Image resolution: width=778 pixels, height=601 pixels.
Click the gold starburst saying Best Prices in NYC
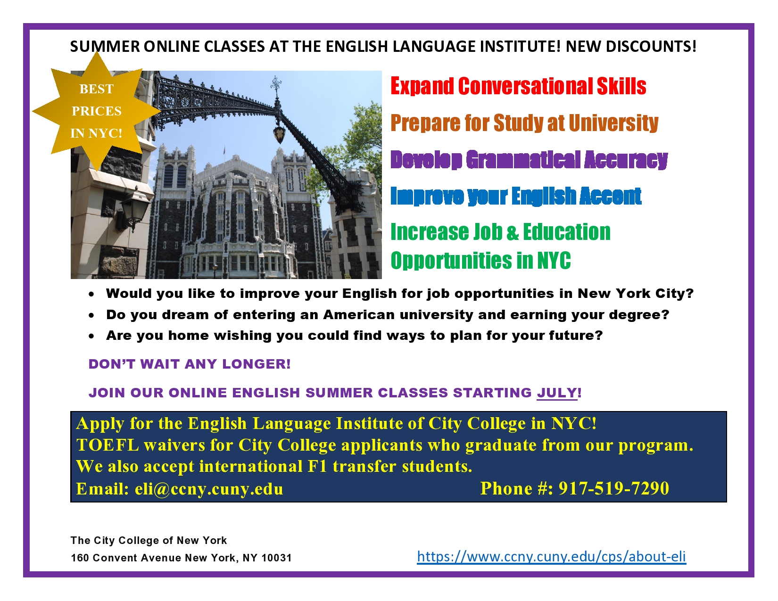point(96,111)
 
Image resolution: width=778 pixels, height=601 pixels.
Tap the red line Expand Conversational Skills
point(518,86)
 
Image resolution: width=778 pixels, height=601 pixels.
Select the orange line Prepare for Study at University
point(524,123)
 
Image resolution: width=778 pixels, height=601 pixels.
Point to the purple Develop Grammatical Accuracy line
point(529,159)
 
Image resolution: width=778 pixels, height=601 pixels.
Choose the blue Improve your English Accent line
point(515,196)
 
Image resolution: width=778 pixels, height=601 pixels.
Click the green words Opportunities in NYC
point(480,261)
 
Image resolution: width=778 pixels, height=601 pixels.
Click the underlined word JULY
point(557,393)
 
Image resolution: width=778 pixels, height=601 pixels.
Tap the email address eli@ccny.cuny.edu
point(209,489)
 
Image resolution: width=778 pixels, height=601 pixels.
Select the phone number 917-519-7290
point(613,488)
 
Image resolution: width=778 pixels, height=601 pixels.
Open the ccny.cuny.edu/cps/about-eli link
point(551,556)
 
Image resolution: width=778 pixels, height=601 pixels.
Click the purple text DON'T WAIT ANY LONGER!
point(190,364)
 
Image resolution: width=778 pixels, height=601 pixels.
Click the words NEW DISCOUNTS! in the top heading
point(631,47)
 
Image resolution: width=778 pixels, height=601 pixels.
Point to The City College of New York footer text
point(149,540)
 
